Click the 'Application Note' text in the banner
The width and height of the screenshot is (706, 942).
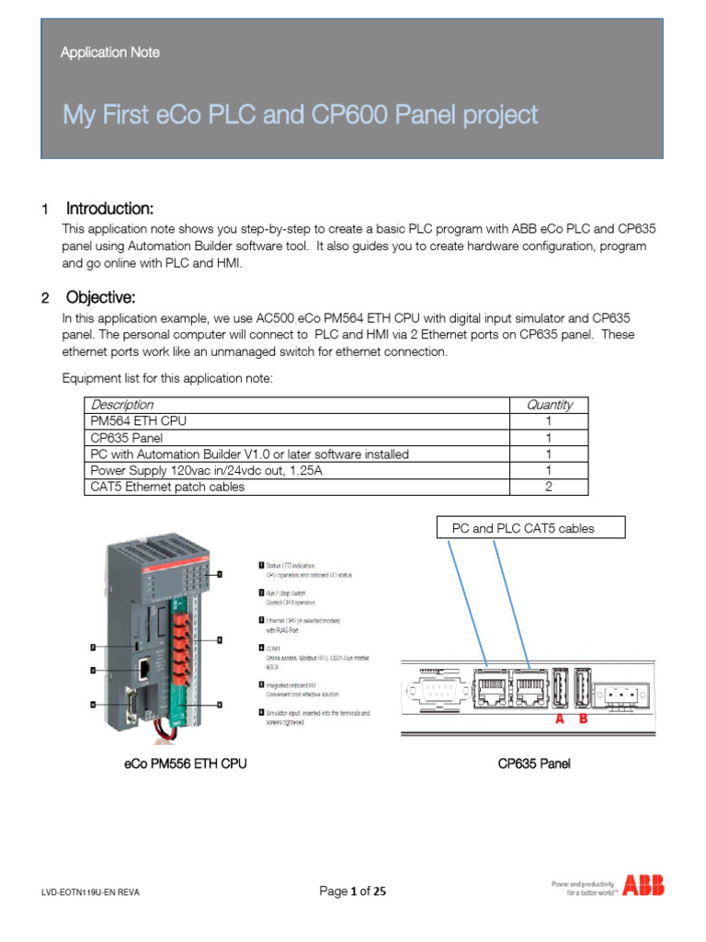pyautogui.click(x=109, y=52)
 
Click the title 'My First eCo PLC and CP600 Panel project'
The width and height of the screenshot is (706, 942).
pyautogui.click(x=300, y=115)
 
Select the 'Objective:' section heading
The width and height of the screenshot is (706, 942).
pyautogui.click(x=100, y=297)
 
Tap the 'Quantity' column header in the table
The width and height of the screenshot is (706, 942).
pyautogui.click(x=549, y=405)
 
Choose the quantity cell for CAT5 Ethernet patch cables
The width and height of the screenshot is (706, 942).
pyautogui.click(x=549, y=488)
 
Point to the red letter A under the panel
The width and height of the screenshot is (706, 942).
pyautogui.click(x=559, y=721)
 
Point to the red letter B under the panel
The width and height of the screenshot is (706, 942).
pyautogui.click(x=582, y=721)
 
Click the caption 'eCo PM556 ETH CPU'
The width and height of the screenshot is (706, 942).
pyautogui.click(x=185, y=764)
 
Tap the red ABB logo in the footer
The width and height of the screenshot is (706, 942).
pyautogui.click(x=643, y=886)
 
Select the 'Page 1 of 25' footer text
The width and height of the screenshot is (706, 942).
pyautogui.click(x=352, y=890)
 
